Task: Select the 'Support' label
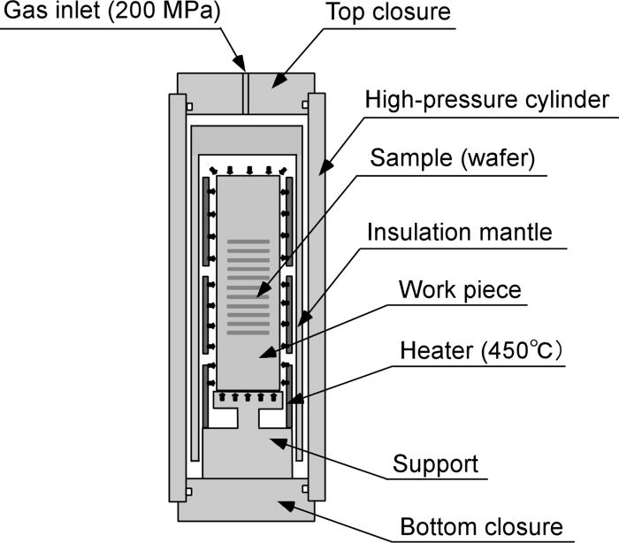point(435,463)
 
